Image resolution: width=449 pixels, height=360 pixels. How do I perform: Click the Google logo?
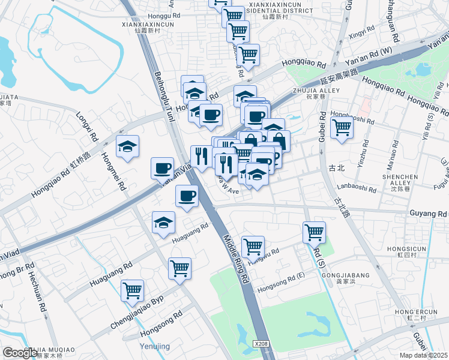(20, 353)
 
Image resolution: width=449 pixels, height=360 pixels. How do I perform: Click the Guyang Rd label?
(429, 213)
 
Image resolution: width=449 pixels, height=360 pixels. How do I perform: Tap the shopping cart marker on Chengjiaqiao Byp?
(132, 290)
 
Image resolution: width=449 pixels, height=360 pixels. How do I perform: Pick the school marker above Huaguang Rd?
(163, 223)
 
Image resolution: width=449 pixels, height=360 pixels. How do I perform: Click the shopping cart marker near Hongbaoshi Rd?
(341, 127)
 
